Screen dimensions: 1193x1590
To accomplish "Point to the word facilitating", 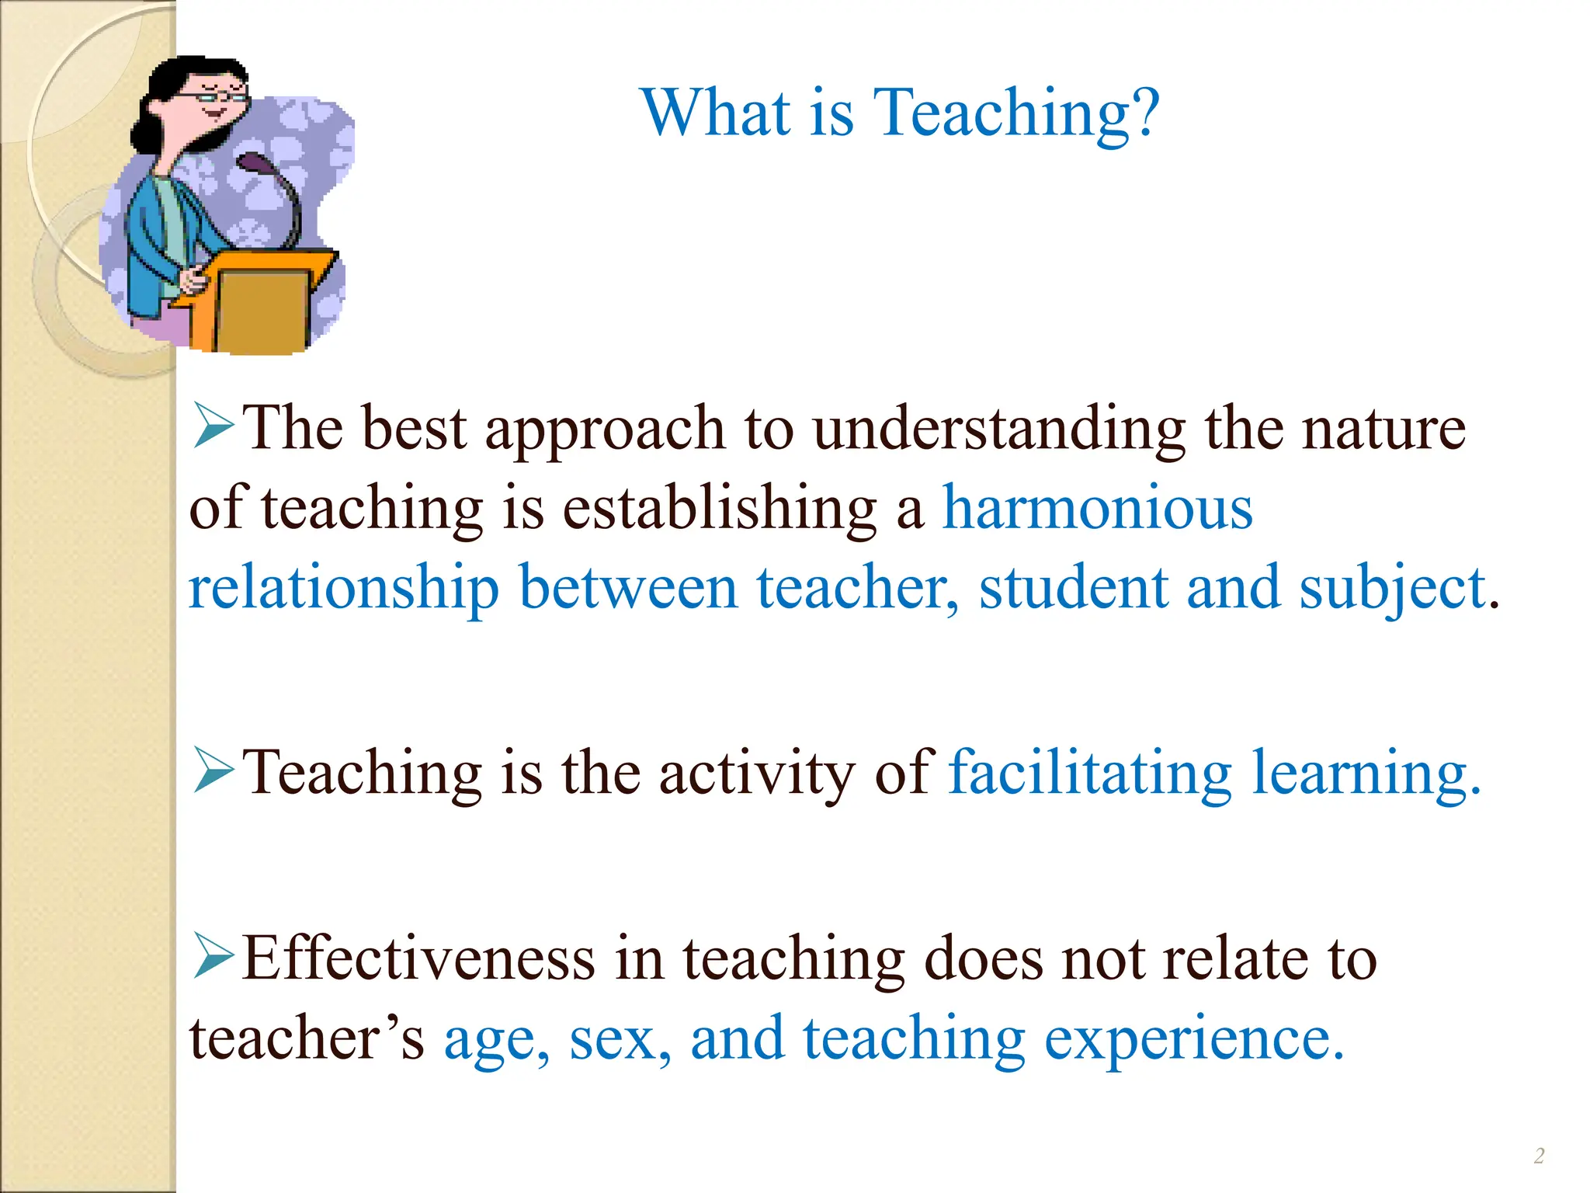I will pyautogui.click(x=1089, y=774).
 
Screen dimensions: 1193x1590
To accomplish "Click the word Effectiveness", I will pyautogui.click(x=418, y=958).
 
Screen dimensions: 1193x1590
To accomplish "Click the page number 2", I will pyautogui.click(x=1539, y=1156).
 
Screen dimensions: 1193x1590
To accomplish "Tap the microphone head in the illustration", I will pyautogui.click(x=253, y=163).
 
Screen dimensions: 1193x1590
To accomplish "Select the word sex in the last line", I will pyautogui.click(x=618, y=1039).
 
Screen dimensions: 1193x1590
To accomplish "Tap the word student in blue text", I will pyautogui.click(x=1073, y=589).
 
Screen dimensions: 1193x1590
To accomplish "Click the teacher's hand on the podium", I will pyautogui.click(x=194, y=277).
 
